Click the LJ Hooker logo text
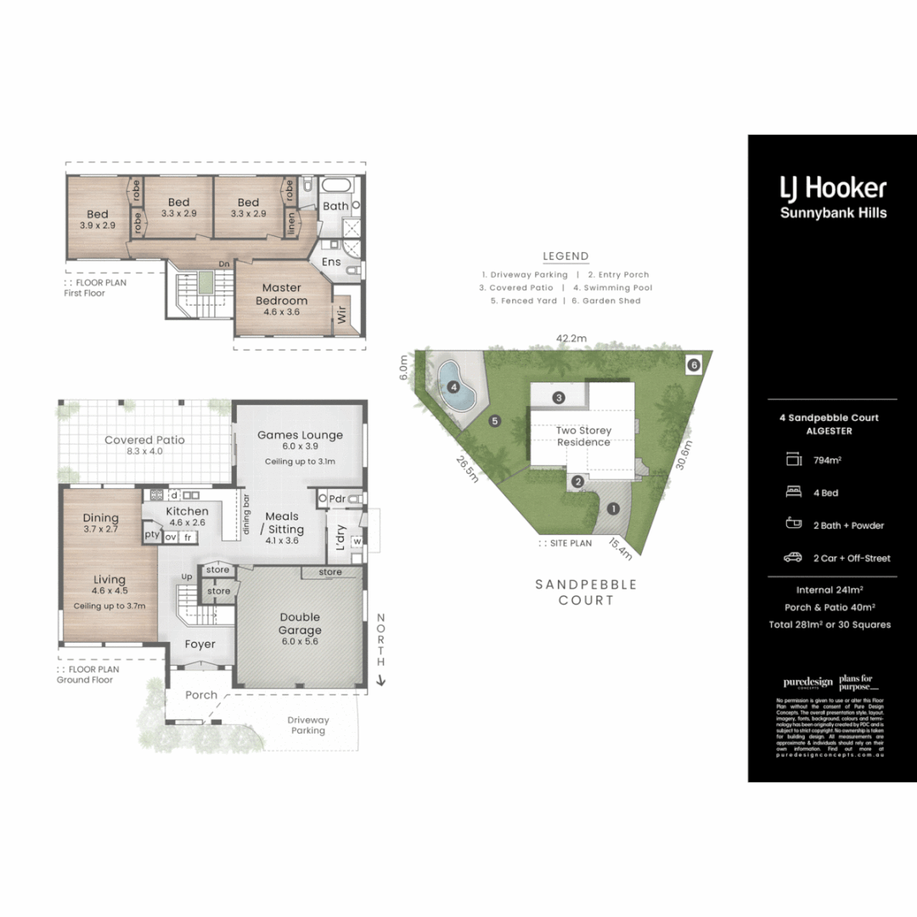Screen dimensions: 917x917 point(833,188)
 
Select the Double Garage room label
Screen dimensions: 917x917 point(300,624)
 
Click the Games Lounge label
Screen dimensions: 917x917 point(300,435)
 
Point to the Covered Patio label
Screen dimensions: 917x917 point(144,440)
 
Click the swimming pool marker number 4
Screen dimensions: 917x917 point(454,387)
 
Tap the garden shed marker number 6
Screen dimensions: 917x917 point(694,364)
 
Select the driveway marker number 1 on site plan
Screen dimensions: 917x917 point(613,509)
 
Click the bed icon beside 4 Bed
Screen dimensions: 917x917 point(794,492)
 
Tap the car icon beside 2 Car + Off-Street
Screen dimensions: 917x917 point(794,558)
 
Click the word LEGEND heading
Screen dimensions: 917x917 point(565,256)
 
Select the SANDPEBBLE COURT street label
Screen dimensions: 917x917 point(574,592)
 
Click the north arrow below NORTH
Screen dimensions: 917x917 point(381,679)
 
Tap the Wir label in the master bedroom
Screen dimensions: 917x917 point(342,318)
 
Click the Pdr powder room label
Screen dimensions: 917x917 point(336,498)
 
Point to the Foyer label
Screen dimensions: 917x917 point(200,644)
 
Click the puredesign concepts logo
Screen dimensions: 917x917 point(807,683)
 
